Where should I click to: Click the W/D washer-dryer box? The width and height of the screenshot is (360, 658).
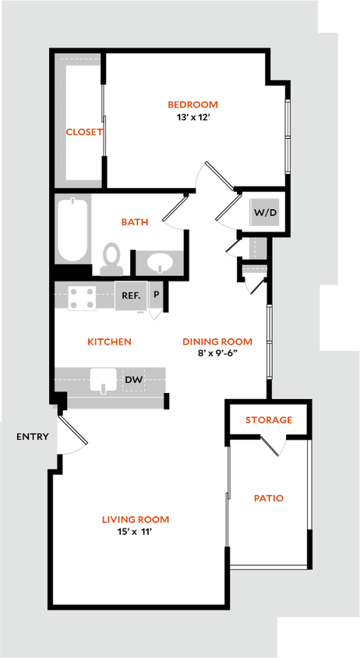[263, 212]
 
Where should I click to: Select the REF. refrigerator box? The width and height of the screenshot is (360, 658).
[130, 295]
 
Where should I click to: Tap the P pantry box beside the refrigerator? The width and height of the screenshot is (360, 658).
[156, 295]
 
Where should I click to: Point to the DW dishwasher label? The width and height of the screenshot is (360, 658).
[134, 380]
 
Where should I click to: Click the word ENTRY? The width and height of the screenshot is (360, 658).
[33, 437]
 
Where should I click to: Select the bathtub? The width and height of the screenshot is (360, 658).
[73, 229]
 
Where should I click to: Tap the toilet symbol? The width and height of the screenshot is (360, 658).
[112, 257]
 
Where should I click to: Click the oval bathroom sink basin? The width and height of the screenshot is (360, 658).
[160, 262]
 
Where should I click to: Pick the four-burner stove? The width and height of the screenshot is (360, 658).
[81, 297]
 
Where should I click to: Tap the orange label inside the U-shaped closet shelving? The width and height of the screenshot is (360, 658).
[84, 132]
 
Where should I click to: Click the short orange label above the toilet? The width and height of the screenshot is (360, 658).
[135, 222]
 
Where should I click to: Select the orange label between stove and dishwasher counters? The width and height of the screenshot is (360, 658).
[109, 341]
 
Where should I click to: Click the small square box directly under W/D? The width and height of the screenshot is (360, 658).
[256, 248]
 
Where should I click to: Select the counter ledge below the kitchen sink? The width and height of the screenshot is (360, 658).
[115, 402]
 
